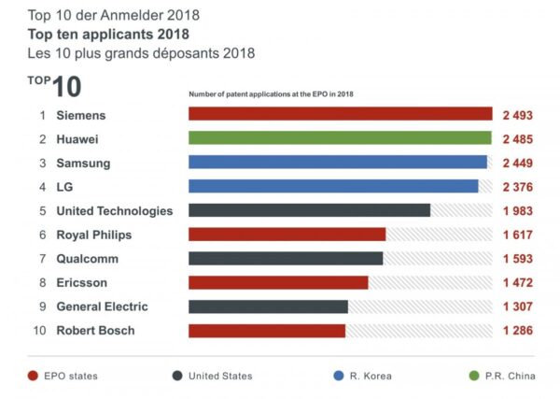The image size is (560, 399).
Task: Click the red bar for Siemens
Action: pyautogui.click(x=340, y=114)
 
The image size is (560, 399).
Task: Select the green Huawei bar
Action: pyautogui.click(x=340, y=138)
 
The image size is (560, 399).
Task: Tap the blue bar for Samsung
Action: pyautogui.click(x=337, y=162)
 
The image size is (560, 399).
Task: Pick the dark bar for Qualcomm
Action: pyautogui.click(x=286, y=258)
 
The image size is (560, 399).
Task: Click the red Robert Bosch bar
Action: pyautogui.click(x=267, y=330)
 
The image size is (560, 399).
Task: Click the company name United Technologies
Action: pyautogui.click(x=115, y=210)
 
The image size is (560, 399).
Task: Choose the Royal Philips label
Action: pyautogui.click(x=94, y=235)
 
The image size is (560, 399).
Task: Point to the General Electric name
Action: pyautogui.click(x=102, y=306)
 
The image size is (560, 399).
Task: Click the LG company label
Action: pyautogui.click(x=65, y=186)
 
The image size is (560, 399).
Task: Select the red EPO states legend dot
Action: pyautogui.click(x=34, y=376)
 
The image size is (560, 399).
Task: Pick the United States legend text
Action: pyautogui.click(x=219, y=376)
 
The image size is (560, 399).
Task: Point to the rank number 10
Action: pyautogui.click(x=40, y=330)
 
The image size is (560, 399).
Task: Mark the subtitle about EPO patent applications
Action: pyautogui.click(x=271, y=94)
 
